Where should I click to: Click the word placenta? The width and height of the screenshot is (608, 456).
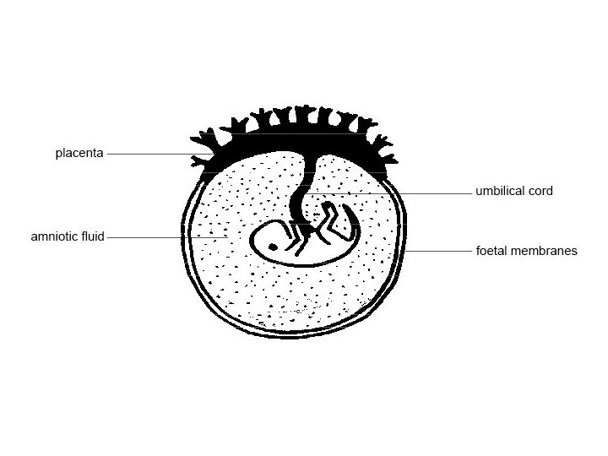(x=79, y=154)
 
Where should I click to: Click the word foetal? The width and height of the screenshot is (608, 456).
(x=491, y=251)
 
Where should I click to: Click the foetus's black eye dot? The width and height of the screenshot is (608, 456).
(x=273, y=246)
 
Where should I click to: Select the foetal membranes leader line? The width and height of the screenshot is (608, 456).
(x=439, y=251)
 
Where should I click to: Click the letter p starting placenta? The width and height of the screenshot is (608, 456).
(x=59, y=155)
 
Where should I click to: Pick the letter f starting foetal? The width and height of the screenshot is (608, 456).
(x=478, y=251)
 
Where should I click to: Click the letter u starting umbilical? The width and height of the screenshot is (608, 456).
(x=479, y=192)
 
